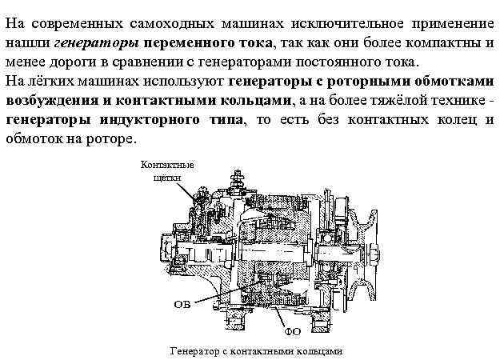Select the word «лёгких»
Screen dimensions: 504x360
[x=50, y=81]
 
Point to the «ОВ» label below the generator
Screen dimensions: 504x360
[x=181, y=305]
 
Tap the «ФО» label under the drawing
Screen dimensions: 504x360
[x=293, y=329]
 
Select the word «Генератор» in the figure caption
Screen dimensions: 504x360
[x=194, y=350]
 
